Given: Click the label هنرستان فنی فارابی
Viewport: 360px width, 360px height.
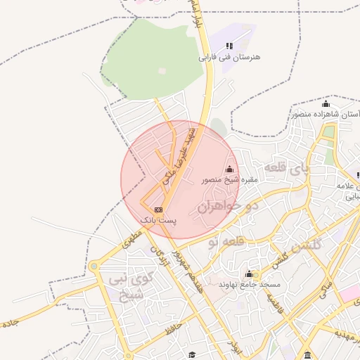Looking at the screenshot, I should pyautogui.click(x=229, y=56).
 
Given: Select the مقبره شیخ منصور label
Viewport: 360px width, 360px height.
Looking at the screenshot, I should pyautogui.click(x=231, y=180).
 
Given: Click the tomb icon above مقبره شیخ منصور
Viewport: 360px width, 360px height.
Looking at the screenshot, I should pyautogui.click(x=230, y=169).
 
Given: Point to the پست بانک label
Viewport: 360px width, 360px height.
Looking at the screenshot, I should pyautogui.click(x=159, y=220).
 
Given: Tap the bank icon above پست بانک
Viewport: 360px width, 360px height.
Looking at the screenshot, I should pyautogui.click(x=159, y=210).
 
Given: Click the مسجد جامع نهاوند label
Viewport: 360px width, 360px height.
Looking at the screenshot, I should pyautogui.click(x=250, y=284).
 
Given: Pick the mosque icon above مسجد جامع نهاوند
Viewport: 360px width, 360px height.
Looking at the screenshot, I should pyautogui.click(x=249, y=274).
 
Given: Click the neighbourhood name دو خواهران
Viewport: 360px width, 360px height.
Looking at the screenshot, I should pyautogui.click(x=229, y=206).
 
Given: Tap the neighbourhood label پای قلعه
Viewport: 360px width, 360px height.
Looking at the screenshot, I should pyautogui.click(x=286, y=169).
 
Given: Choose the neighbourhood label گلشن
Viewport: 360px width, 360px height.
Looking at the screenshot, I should pyautogui.click(x=309, y=243).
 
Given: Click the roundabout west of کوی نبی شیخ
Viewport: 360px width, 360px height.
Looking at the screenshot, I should pyautogui.click(x=94, y=266).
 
